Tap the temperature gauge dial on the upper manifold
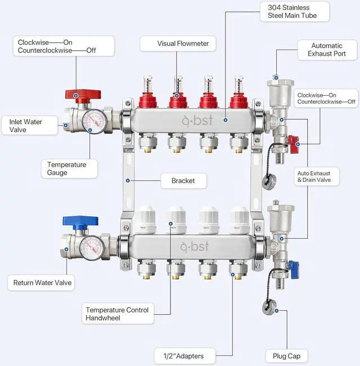pos(94,120)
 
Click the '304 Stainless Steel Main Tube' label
pos(288,11)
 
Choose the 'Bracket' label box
pos(183,181)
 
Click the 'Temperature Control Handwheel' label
pos(117,314)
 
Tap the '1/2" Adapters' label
pos(183,356)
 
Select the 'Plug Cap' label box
pos(286,356)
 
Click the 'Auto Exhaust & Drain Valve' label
pos(318,176)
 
